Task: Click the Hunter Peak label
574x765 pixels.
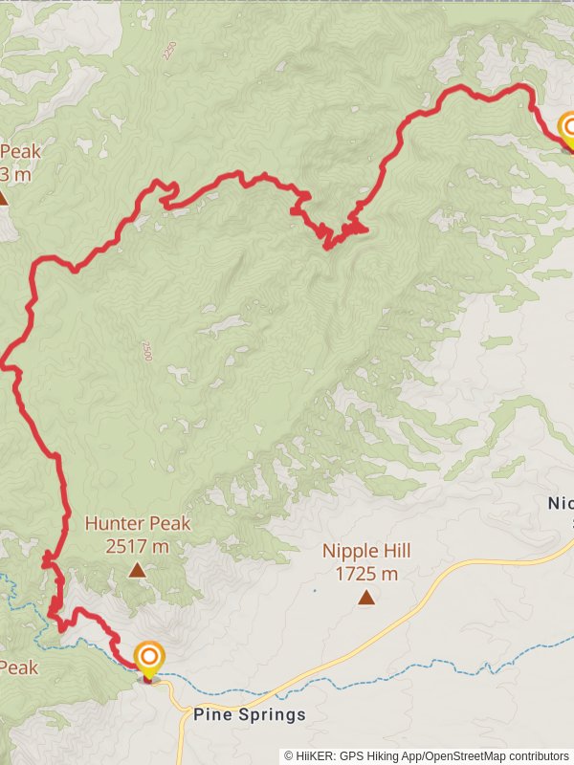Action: click(138, 524)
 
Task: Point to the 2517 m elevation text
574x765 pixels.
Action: click(138, 547)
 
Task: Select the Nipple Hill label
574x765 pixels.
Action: click(366, 552)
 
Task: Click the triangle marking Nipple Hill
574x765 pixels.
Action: click(366, 599)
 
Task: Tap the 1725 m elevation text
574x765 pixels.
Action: click(366, 575)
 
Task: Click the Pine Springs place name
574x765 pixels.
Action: click(250, 715)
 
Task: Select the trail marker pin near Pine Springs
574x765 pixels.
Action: click(148, 658)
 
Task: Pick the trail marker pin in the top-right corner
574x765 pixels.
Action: click(570, 128)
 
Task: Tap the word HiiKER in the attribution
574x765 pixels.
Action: click(317, 755)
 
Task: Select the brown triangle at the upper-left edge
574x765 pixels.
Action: click(3, 199)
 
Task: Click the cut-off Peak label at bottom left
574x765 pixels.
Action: click(19, 667)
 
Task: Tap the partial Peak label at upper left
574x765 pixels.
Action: click(19, 152)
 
